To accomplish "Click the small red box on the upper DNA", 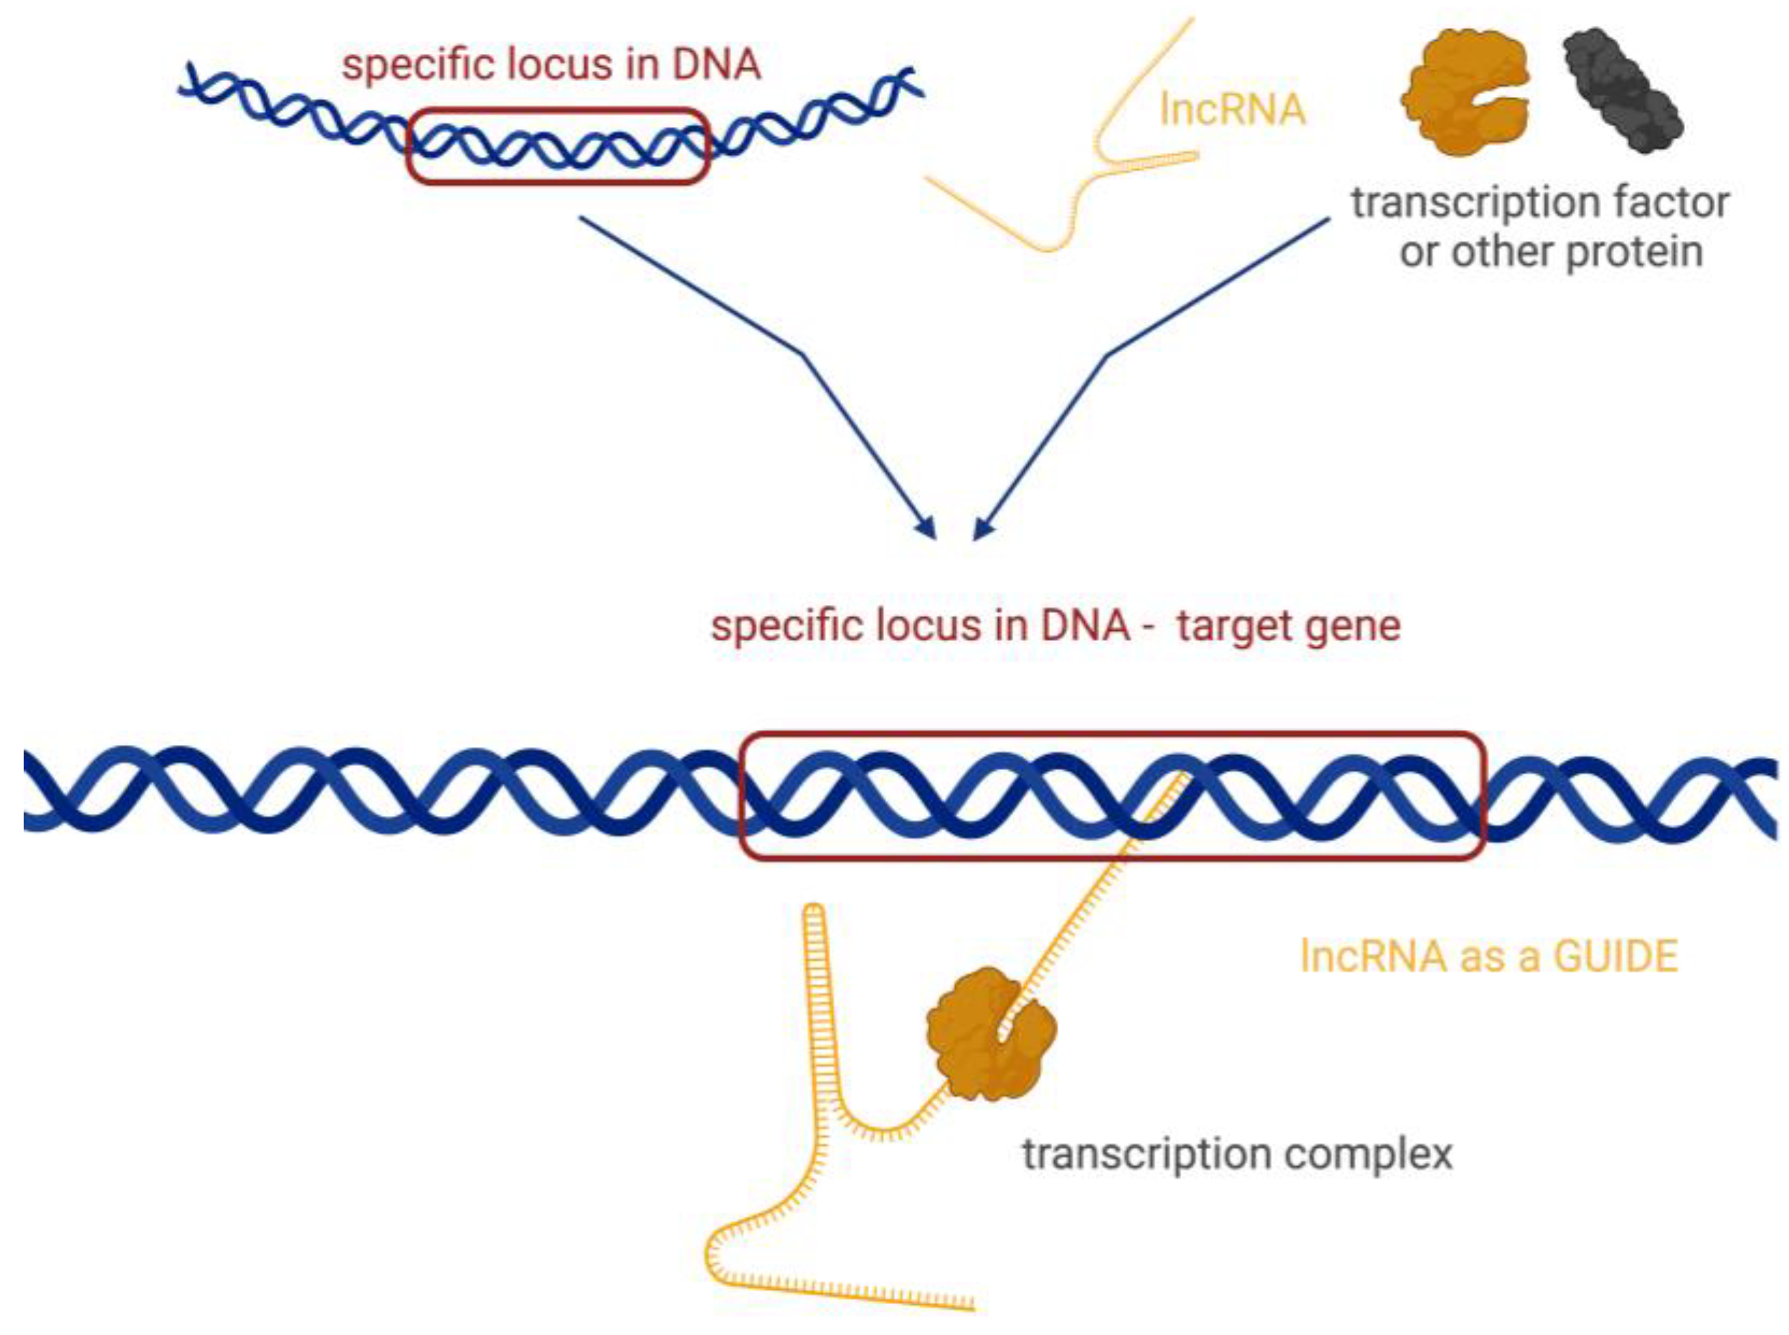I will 558,146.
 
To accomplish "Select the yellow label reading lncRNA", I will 1233,109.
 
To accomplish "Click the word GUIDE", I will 1616,956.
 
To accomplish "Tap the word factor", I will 1672,202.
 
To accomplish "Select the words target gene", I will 1288,627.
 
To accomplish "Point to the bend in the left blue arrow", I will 802,353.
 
